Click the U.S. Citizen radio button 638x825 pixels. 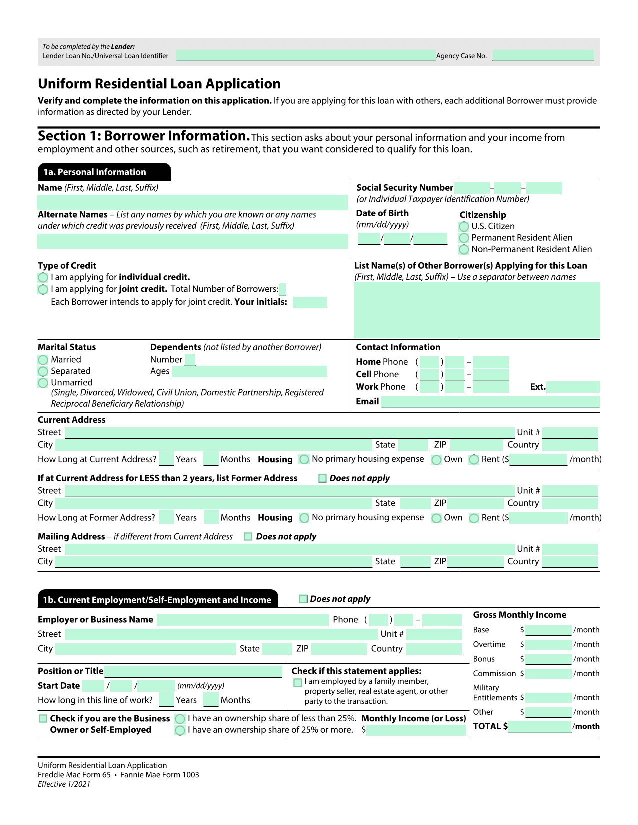click(464, 227)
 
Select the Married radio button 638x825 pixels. click(43, 360)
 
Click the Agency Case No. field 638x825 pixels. click(543, 56)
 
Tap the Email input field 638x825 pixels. click(490, 402)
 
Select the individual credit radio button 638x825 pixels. click(43, 277)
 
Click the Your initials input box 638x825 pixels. click(310, 302)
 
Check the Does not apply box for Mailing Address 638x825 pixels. click(248, 537)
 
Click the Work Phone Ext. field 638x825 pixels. click(572, 387)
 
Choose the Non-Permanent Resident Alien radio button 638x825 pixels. click(464, 249)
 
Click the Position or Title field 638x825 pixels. click(193, 671)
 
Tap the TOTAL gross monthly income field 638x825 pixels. click(539, 727)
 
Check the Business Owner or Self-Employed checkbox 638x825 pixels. click(43, 719)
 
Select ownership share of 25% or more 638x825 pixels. click(180, 730)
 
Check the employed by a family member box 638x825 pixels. click(298, 682)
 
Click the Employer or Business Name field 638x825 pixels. click(242, 620)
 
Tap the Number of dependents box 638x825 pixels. click(190, 360)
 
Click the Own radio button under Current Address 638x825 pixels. click(436, 460)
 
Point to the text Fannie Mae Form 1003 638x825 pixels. click(159, 775)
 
